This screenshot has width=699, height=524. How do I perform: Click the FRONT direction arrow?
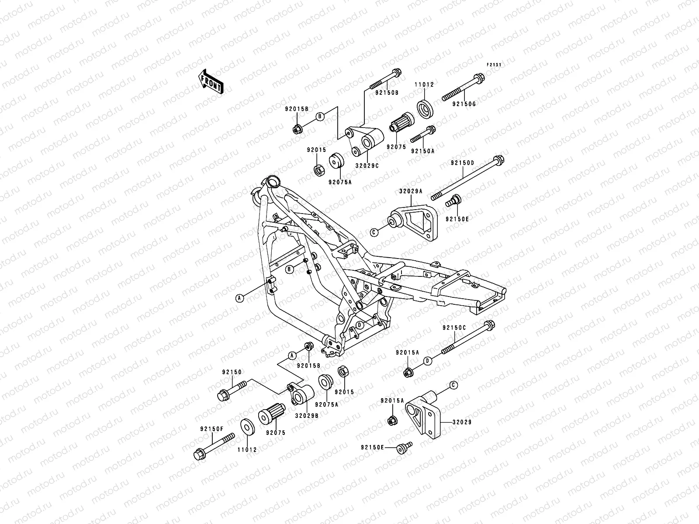pos(217,82)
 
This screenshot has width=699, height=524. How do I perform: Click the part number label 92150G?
pos(464,104)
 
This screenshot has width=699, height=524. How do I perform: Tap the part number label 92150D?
pos(463,163)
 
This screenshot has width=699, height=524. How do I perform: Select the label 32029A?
pos(411,191)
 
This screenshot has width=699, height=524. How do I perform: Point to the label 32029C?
pos(367,166)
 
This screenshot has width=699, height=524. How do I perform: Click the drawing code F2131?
pos(494,65)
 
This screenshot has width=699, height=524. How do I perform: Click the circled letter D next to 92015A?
pos(428,361)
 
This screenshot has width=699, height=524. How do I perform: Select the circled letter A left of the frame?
pos(239,298)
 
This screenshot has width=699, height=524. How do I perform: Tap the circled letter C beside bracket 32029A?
pos(374,232)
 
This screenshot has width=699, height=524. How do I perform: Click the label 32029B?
pos(306,416)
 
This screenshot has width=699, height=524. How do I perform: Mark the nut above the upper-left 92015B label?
pos(297,129)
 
